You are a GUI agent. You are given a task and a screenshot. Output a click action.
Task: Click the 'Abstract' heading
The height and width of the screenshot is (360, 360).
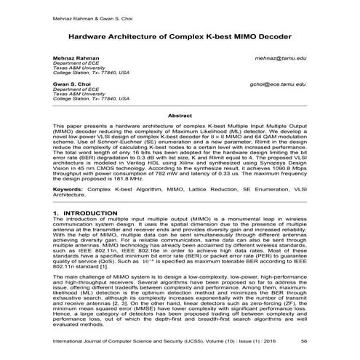179,116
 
